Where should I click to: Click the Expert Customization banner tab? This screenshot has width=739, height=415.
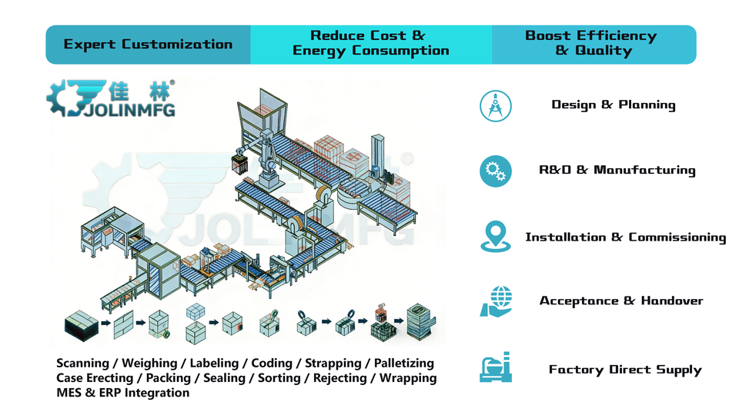click(148, 44)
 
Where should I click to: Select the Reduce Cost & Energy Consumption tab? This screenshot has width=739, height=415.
click(370, 44)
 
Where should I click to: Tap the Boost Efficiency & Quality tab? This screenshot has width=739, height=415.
click(590, 44)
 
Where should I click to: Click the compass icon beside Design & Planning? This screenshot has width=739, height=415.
click(495, 105)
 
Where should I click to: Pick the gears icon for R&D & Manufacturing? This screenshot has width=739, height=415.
click(495, 171)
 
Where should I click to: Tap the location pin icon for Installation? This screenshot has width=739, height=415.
click(495, 237)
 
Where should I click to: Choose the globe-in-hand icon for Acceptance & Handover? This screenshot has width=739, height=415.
click(495, 301)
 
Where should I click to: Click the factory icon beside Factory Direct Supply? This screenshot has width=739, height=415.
click(495, 368)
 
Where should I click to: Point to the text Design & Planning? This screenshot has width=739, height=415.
click(613, 105)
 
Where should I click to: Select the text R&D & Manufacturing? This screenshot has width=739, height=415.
click(617, 171)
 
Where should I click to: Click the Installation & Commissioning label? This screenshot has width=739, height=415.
click(625, 237)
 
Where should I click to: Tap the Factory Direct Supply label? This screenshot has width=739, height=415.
click(625, 370)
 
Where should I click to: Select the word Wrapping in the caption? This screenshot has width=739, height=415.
click(409, 378)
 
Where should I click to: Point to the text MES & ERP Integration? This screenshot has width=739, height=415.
click(122, 393)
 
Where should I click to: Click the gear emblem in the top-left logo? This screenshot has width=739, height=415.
click(66, 98)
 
